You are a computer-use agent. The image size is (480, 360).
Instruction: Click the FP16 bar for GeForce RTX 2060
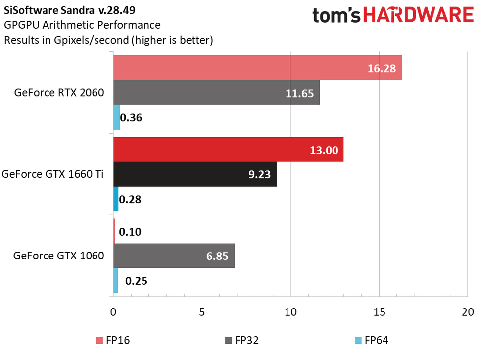click(x=257, y=68)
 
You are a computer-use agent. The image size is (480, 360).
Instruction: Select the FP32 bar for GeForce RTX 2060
click(x=216, y=93)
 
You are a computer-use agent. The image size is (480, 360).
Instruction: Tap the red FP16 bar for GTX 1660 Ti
click(x=228, y=150)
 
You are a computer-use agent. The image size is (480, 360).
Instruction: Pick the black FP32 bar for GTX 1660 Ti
click(x=195, y=174)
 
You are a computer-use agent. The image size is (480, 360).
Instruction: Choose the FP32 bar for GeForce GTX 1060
click(x=174, y=256)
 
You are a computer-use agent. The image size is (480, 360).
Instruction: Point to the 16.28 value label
click(x=382, y=68)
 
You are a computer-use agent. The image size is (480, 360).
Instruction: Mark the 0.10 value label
click(x=131, y=232)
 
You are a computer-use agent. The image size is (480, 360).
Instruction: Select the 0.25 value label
click(x=136, y=281)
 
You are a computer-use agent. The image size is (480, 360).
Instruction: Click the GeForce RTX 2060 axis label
click(x=59, y=93)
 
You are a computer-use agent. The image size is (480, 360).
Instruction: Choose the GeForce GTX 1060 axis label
click(x=59, y=256)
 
